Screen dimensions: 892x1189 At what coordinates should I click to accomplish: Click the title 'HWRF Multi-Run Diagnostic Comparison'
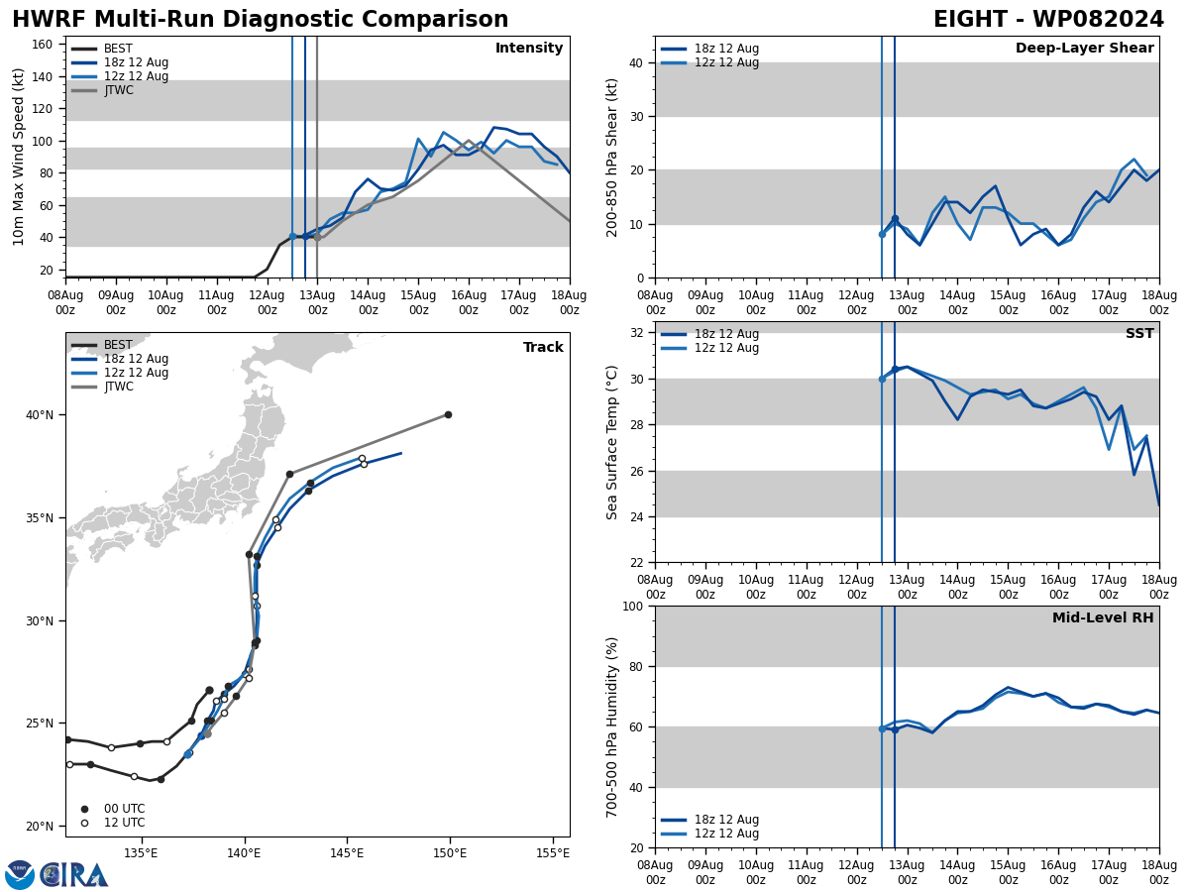pos(260,20)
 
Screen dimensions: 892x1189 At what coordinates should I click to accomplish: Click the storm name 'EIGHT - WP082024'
pos(1048,20)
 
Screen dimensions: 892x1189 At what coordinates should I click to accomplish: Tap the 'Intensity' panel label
pos(529,49)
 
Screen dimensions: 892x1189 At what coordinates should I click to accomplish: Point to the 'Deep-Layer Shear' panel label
pos(1084,49)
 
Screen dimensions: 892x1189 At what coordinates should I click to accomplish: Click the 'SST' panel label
pos(1139,334)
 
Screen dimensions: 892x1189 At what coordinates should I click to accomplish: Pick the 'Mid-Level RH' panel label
pos(1103,618)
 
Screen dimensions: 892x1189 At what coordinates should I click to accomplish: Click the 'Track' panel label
pos(543,348)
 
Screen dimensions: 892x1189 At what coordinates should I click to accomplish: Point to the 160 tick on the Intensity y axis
pos(46,45)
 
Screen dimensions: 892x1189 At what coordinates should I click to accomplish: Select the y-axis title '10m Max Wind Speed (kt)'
pos(20,157)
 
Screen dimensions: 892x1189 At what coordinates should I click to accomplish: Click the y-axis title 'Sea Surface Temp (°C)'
pos(613,442)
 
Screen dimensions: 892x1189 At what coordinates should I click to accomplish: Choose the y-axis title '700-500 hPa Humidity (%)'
pos(613,726)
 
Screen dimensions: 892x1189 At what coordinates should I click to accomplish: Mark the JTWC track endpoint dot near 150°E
pos(448,414)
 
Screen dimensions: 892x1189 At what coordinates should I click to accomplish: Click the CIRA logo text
pos(74,875)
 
